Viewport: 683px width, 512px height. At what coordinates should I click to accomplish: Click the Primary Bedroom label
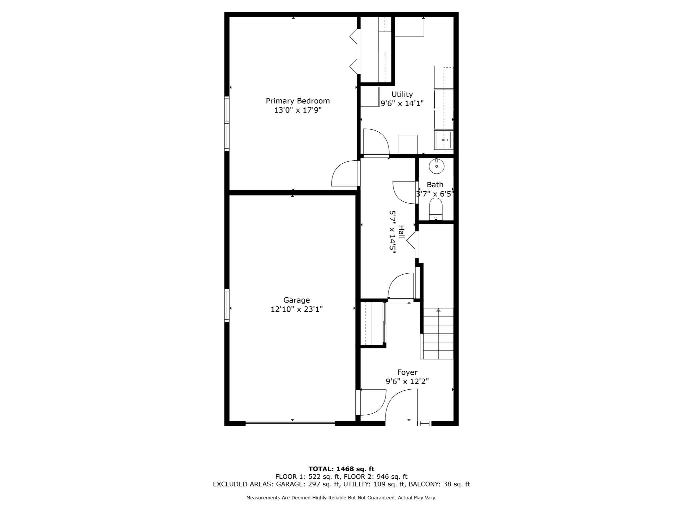point(297,101)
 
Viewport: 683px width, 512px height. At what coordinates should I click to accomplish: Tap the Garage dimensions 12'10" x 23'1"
point(296,310)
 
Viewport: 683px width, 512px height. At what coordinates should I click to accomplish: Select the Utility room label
point(402,94)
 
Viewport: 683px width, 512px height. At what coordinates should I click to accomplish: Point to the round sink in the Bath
point(436,166)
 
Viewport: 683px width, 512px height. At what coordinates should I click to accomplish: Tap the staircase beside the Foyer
point(438,333)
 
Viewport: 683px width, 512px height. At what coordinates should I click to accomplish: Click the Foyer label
point(407,372)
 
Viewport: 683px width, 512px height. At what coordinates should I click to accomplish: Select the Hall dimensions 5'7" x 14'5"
point(393,232)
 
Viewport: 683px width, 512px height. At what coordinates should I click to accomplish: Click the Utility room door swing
point(376,142)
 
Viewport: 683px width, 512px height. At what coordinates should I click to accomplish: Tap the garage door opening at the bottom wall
point(290,423)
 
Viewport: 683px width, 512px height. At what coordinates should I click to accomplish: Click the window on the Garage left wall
point(227,305)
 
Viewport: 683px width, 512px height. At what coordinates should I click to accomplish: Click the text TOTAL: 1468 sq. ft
point(341,469)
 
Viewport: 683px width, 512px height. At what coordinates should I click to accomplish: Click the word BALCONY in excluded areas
point(423,484)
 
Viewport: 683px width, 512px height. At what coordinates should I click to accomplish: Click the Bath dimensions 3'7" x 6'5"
point(435,194)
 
